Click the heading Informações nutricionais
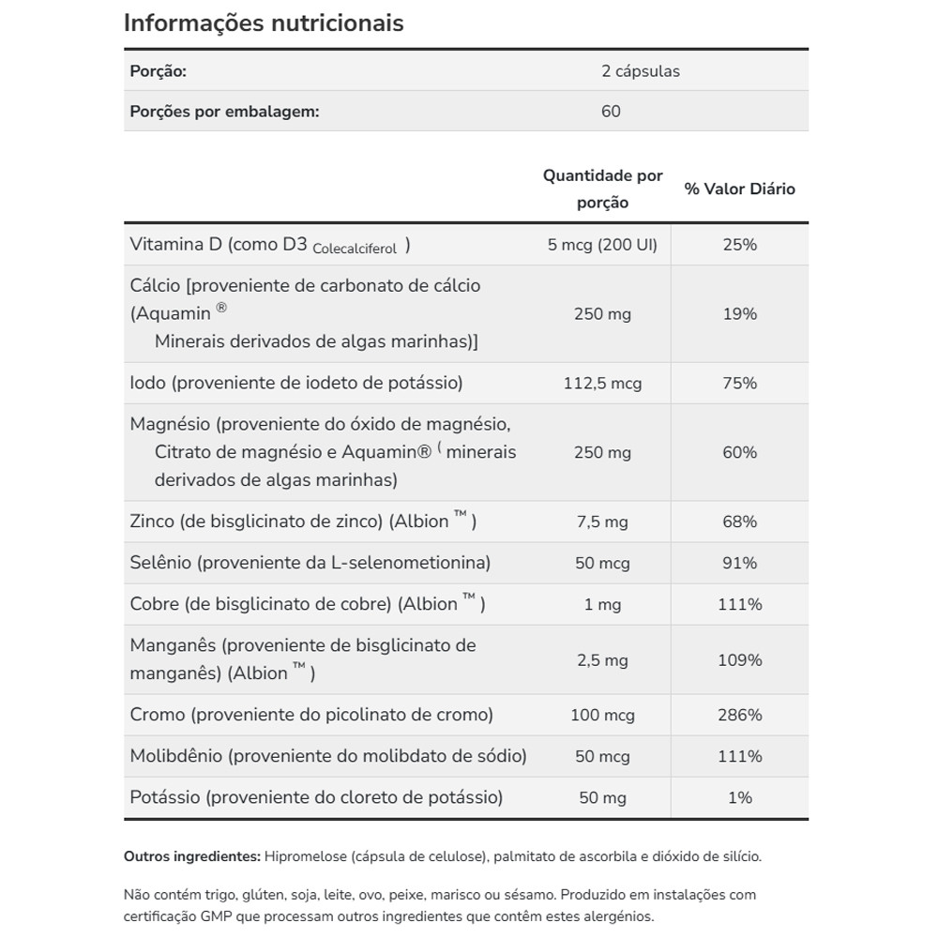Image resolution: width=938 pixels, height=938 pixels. click(264, 23)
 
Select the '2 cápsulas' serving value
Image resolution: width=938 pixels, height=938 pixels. click(641, 71)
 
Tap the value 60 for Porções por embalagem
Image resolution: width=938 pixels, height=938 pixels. click(611, 112)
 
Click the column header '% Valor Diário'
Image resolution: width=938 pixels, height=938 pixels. click(739, 189)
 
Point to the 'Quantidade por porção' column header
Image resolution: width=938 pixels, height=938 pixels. click(602, 189)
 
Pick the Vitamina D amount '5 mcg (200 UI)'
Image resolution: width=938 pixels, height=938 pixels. click(602, 245)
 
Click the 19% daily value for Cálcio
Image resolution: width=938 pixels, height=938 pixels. click(739, 314)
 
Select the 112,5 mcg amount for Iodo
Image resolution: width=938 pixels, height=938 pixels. click(602, 384)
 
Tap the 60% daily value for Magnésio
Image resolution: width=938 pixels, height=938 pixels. click(739, 453)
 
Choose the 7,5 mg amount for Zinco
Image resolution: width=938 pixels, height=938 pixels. click(602, 522)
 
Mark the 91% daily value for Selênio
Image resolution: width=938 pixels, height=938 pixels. click(739, 564)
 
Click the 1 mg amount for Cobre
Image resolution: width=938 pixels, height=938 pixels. click(602, 605)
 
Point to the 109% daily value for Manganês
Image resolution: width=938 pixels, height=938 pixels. click(739, 660)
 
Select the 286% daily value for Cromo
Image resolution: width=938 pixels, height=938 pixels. click(739, 716)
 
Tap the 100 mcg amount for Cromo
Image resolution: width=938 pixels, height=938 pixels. click(602, 716)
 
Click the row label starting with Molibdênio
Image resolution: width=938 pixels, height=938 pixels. click(328, 756)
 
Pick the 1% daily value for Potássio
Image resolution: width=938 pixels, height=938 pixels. click(739, 797)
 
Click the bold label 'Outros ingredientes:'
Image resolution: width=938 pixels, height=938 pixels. click(191, 856)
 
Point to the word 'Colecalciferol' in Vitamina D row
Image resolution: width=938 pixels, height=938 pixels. click(355, 249)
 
